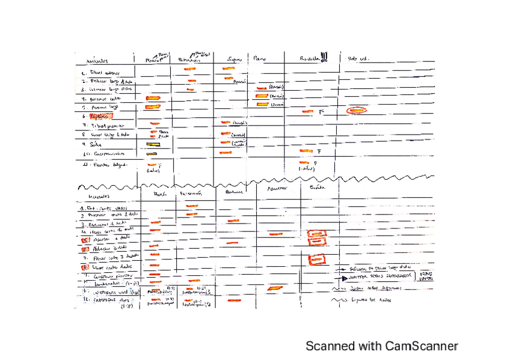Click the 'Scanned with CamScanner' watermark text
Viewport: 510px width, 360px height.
381,346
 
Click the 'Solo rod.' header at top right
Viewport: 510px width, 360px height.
358,59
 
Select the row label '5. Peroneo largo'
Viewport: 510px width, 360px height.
102,106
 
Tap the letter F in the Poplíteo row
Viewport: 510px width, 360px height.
321,112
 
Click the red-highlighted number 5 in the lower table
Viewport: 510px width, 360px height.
85,239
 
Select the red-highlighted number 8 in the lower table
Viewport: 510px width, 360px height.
85,266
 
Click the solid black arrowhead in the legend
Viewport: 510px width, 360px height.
344,279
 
